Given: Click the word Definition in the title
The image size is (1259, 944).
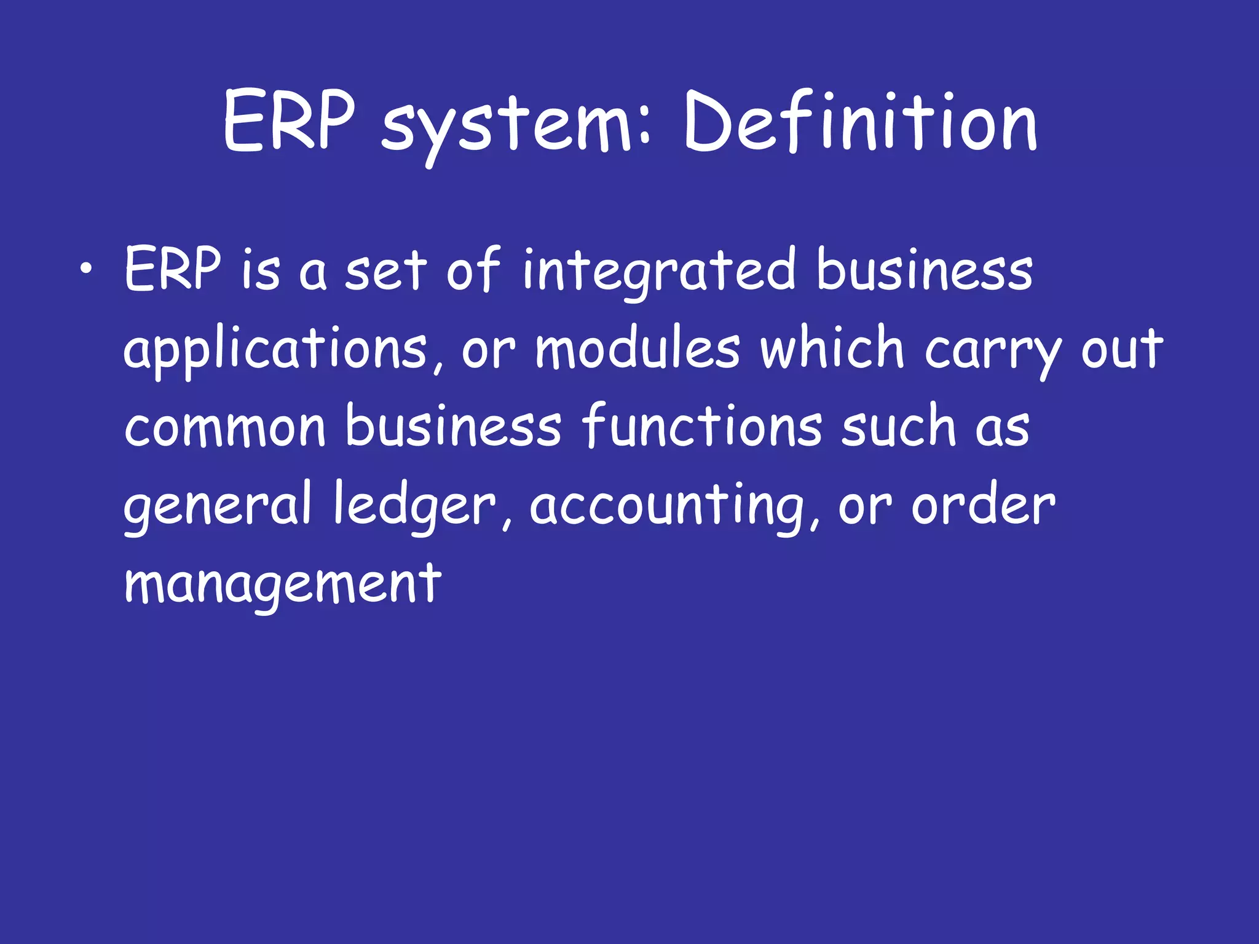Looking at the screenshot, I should [x=861, y=123].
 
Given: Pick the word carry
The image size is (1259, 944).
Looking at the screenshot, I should [x=992, y=350].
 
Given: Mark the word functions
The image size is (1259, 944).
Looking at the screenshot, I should [x=701, y=425].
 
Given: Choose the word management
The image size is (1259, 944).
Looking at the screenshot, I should [x=283, y=584].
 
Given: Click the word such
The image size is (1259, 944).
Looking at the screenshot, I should [x=898, y=425].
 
